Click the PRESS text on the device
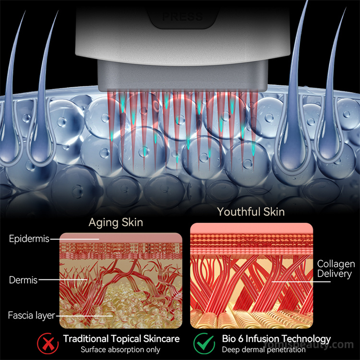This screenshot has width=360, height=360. point(182,17)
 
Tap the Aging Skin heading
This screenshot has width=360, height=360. point(116,223)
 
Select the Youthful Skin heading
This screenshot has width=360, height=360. point(251,212)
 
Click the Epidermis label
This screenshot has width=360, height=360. point(29,239)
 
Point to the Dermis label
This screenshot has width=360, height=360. point(23,279)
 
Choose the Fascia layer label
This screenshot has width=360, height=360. point(31,315)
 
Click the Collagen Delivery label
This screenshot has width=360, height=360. point(336,269)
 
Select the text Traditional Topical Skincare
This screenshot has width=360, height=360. point(121,339)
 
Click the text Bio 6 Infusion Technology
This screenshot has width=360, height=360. point(276,339)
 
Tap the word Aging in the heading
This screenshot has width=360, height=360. point(102,223)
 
